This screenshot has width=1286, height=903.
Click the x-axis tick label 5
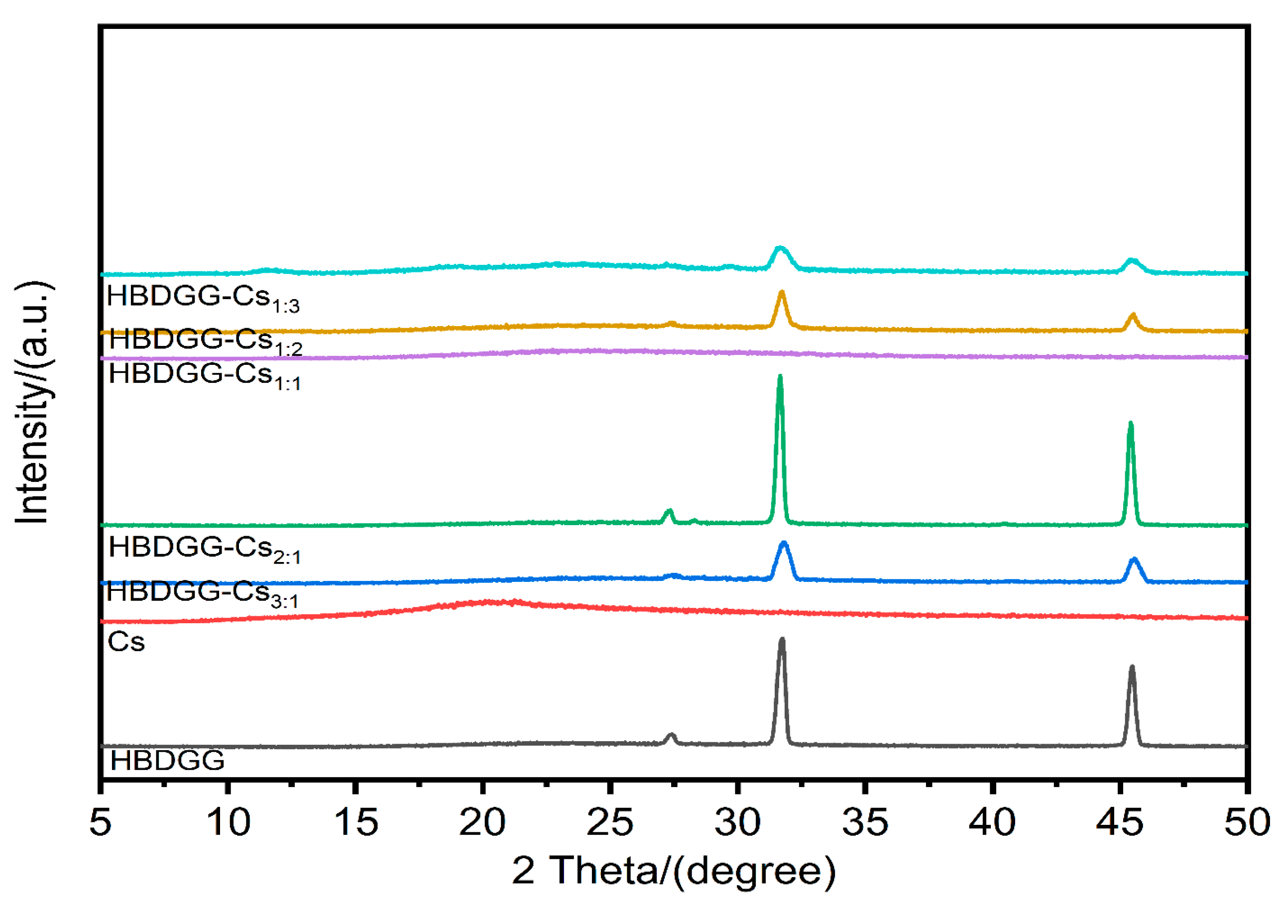[100, 822]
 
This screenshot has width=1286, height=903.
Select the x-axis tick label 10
[228, 822]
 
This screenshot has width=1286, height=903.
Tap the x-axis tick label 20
[482, 822]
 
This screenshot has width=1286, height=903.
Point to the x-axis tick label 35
[865, 822]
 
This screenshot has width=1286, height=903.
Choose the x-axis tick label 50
[1247, 822]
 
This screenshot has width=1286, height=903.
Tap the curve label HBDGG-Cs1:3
[203, 298]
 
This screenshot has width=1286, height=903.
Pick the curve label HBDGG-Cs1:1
[205, 375]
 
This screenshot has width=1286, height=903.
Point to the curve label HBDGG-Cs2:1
[205, 549]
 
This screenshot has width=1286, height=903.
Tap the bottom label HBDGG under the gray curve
[167, 761]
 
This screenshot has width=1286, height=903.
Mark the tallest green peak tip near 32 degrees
[780, 376]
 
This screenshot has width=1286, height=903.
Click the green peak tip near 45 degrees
[1130, 424]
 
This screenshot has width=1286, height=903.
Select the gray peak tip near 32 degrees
[782, 639]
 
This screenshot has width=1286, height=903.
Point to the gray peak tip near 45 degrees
[1132, 667]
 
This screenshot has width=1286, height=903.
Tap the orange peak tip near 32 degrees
[782, 292]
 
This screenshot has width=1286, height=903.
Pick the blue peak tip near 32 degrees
[784, 543]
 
